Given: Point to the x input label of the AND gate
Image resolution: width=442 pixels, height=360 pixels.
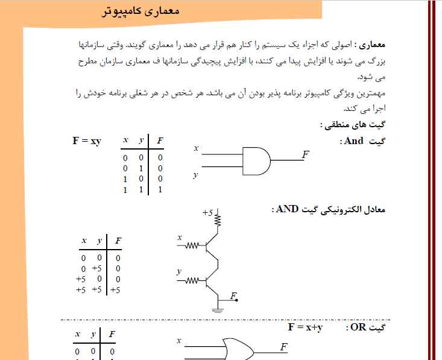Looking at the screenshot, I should (x=196, y=148).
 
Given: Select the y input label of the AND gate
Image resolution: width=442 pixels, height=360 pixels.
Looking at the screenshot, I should (x=196, y=175).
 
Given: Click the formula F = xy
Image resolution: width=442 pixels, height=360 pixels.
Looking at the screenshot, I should (x=87, y=141).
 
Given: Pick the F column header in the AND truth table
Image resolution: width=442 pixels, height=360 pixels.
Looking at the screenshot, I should (x=159, y=141).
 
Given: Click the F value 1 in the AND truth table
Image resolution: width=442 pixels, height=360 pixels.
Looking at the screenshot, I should (x=160, y=189).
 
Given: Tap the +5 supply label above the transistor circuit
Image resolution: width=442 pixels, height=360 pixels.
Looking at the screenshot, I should (x=208, y=213).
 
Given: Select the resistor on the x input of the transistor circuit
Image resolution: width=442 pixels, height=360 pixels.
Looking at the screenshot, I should (x=192, y=246).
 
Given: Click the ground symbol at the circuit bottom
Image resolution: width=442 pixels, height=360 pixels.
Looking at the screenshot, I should (x=218, y=310).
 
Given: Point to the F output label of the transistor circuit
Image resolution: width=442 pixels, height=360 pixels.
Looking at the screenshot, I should (x=233, y=295).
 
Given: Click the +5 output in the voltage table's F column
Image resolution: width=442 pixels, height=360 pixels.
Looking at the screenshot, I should (x=116, y=289).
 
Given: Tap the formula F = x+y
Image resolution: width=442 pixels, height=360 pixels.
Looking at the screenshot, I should (x=305, y=327).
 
